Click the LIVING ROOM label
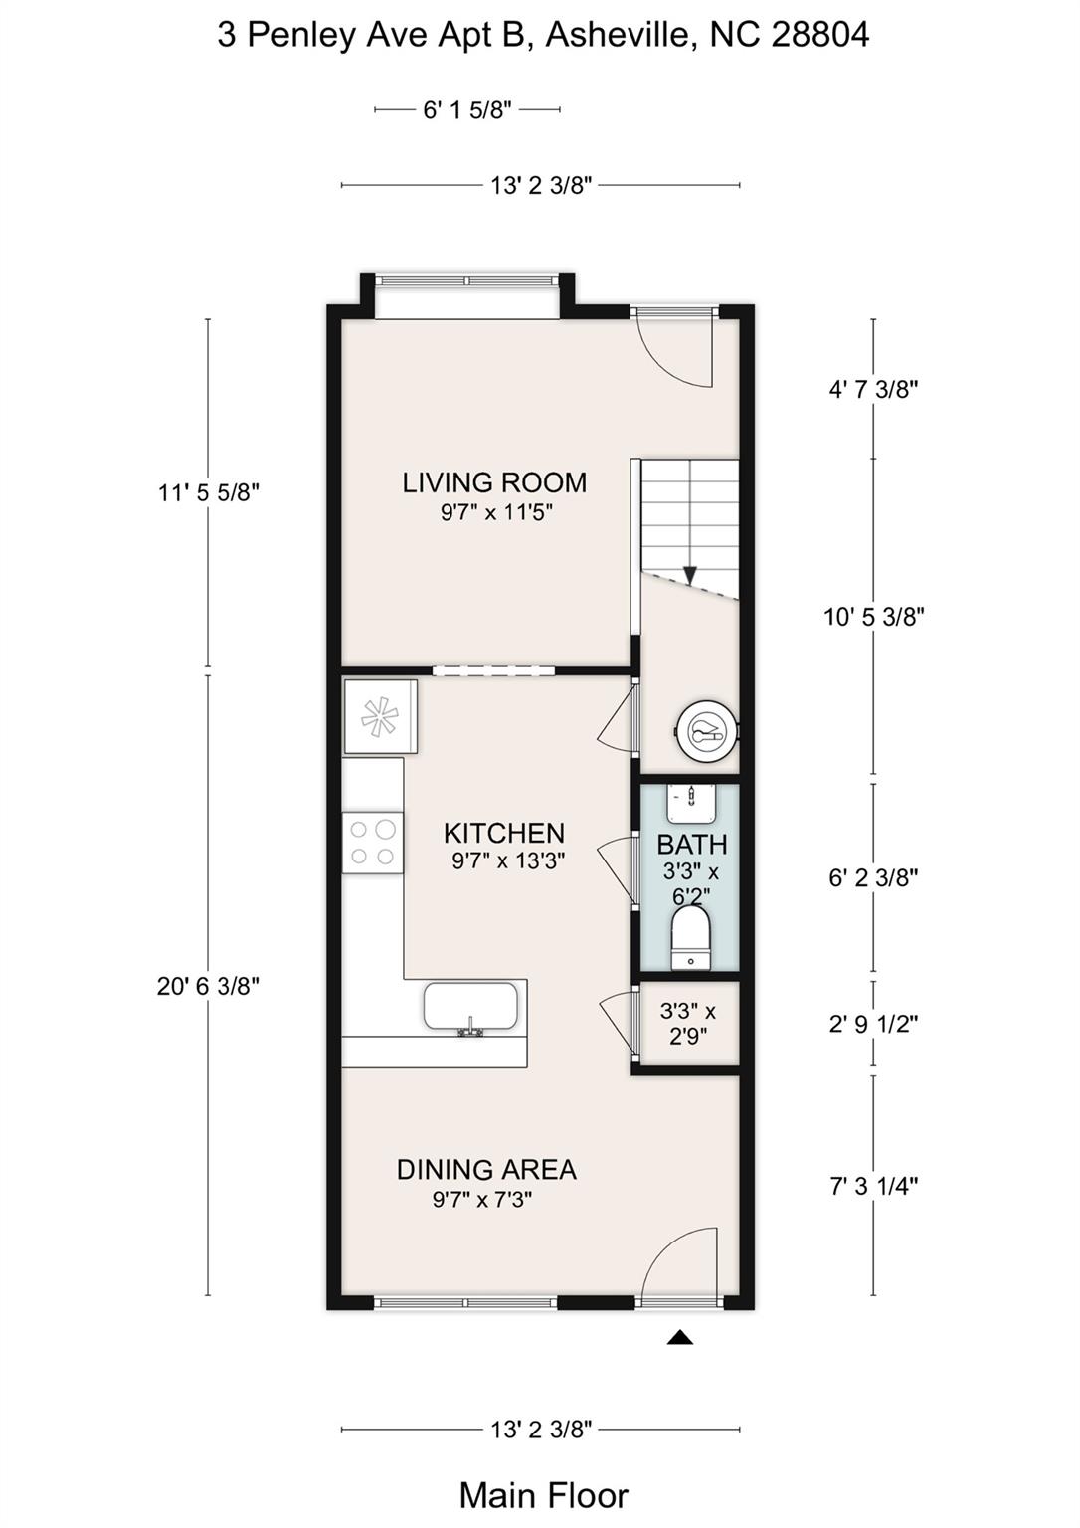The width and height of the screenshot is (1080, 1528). tap(494, 483)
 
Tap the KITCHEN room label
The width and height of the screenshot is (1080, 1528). tap(503, 833)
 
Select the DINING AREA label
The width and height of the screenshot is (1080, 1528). tap(486, 1170)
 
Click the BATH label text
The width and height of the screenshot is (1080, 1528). tap(691, 846)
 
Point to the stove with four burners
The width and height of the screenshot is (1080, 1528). tap(373, 843)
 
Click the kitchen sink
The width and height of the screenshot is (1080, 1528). tap(471, 1007)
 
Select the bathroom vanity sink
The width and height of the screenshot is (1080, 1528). tap(691, 803)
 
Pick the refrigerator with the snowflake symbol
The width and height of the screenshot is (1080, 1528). tap(380, 716)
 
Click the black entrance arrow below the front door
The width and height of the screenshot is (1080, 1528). tap(679, 1337)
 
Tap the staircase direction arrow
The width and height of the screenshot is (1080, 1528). tap(690, 576)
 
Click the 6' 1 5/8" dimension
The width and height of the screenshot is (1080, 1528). tap(467, 110)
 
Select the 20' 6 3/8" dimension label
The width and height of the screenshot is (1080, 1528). tap(208, 986)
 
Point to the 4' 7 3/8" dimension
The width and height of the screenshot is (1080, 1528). tap(873, 389)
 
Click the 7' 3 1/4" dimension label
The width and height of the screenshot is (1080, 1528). tap(873, 1186)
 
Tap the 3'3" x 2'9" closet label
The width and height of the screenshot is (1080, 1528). tap(688, 1024)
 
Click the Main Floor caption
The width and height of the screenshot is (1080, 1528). tap(543, 1495)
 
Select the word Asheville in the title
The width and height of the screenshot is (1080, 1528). tap(618, 35)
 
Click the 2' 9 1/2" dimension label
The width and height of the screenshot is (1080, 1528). tap(873, 1024)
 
